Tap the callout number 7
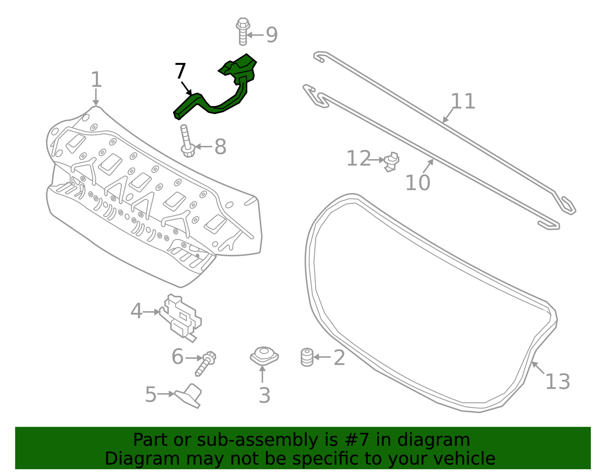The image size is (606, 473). (x=180, y=71)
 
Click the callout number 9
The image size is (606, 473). (x=272, y=35)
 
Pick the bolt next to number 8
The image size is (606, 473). (x=186, y=142)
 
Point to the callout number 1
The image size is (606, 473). (x=96, y=80)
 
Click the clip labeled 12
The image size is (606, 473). (x=391, y=162)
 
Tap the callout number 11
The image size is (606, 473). (x=463, y=101)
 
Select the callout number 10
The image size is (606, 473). (x=418, y=183)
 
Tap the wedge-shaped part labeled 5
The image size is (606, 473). (x=189, y=396)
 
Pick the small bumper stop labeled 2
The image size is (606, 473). (x=307, y=357)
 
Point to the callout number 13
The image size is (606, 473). (x=557, y=381)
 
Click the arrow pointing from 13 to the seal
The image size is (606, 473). (x=538, y=368)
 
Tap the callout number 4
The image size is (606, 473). (x=136, y=311)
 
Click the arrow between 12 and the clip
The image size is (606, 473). (x=376, y=160)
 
